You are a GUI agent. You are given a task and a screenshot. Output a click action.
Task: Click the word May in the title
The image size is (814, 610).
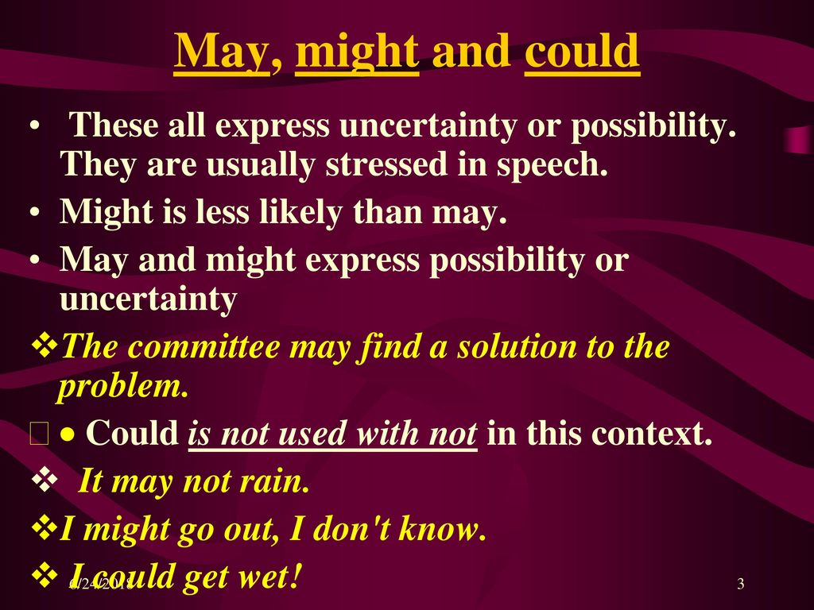[x=222, y=52]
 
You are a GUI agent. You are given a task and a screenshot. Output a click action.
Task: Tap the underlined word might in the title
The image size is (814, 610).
[x=357, y=52]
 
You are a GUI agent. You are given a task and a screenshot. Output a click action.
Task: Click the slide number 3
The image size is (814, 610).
[x=741, y=584]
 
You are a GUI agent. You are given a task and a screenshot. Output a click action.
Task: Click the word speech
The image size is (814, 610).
[x=552, y=165]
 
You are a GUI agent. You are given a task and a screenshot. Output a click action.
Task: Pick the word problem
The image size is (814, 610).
[x=122, y=387]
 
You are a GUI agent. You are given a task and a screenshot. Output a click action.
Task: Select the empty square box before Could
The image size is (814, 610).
[x=40, y=434]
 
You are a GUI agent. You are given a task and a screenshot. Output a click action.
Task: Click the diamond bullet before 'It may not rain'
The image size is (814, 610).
[x=45, y=480]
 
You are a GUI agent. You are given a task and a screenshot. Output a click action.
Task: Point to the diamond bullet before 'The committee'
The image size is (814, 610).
[x=45, y=346]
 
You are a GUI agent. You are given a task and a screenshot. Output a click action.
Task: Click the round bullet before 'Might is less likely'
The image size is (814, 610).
[x=35, y=213]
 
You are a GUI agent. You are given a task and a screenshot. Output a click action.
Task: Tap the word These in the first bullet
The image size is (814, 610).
[x=113, y=125]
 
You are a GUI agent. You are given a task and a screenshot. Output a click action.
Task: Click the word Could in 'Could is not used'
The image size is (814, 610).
[x=132, y=433]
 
